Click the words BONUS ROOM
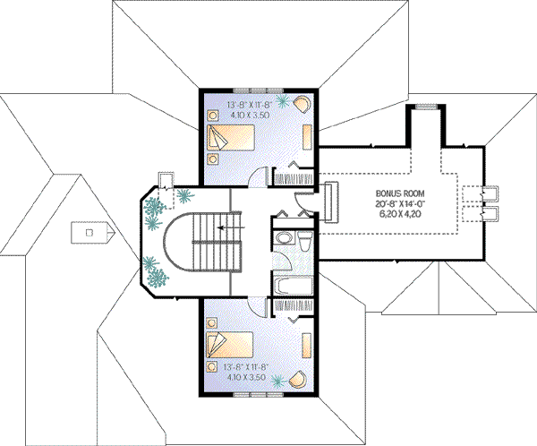click(x=400, y=193)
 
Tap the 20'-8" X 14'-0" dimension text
click(x=400, y=204)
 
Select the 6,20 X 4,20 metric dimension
click(x=400, y=216)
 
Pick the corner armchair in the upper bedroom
click(x=302, y=104)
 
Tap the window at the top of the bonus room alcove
click(x=428, y=108)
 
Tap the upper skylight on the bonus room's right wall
click(x=489, y=193)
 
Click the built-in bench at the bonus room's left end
click(x=329, y=199)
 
